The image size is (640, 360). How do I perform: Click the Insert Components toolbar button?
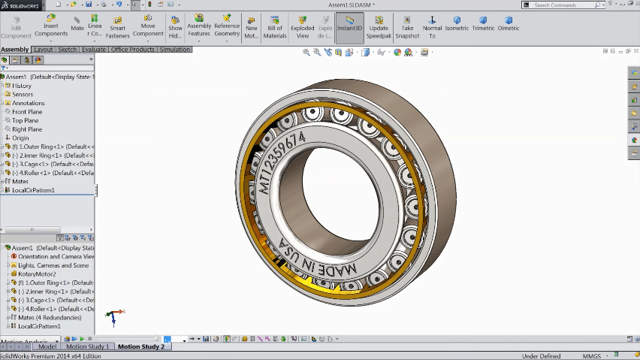coord(51,26)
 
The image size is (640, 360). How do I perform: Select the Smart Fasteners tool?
coord(117,27)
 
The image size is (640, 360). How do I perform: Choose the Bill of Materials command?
coord(275,27)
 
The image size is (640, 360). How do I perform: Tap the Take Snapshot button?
coord(407,27)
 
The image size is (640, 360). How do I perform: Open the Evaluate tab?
coord(94,50)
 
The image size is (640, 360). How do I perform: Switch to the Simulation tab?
coord(175,50)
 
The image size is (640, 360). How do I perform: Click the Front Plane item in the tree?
coord(27,112)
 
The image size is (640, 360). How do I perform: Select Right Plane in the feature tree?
coord(27,129)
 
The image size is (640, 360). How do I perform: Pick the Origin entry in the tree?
coord(20,138)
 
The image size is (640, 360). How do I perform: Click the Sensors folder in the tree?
coord(23,95)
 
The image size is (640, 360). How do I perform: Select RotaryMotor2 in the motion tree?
coord(37,274)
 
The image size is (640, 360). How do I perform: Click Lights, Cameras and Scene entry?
coord(53,265)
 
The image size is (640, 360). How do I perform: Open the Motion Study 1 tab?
coord(87,346)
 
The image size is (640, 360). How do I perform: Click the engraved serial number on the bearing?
coord(282,161)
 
